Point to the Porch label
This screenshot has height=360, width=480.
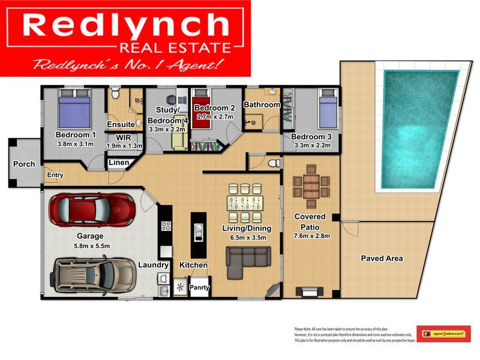(x=24, y=164)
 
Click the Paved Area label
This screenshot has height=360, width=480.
(x=382, y=259)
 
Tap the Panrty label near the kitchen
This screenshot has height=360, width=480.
(x=199, y=287)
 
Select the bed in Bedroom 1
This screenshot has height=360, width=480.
(x=74, y=109)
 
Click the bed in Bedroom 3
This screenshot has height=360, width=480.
(x=327, y=110)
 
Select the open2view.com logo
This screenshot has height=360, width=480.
(x=443, y=333)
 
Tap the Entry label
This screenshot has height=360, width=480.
(x=55, y=175)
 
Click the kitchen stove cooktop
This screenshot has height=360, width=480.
(x=166, y=227)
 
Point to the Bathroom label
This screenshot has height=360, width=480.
(x=262, y=105)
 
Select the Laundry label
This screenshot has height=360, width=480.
(x=153, y=265)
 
